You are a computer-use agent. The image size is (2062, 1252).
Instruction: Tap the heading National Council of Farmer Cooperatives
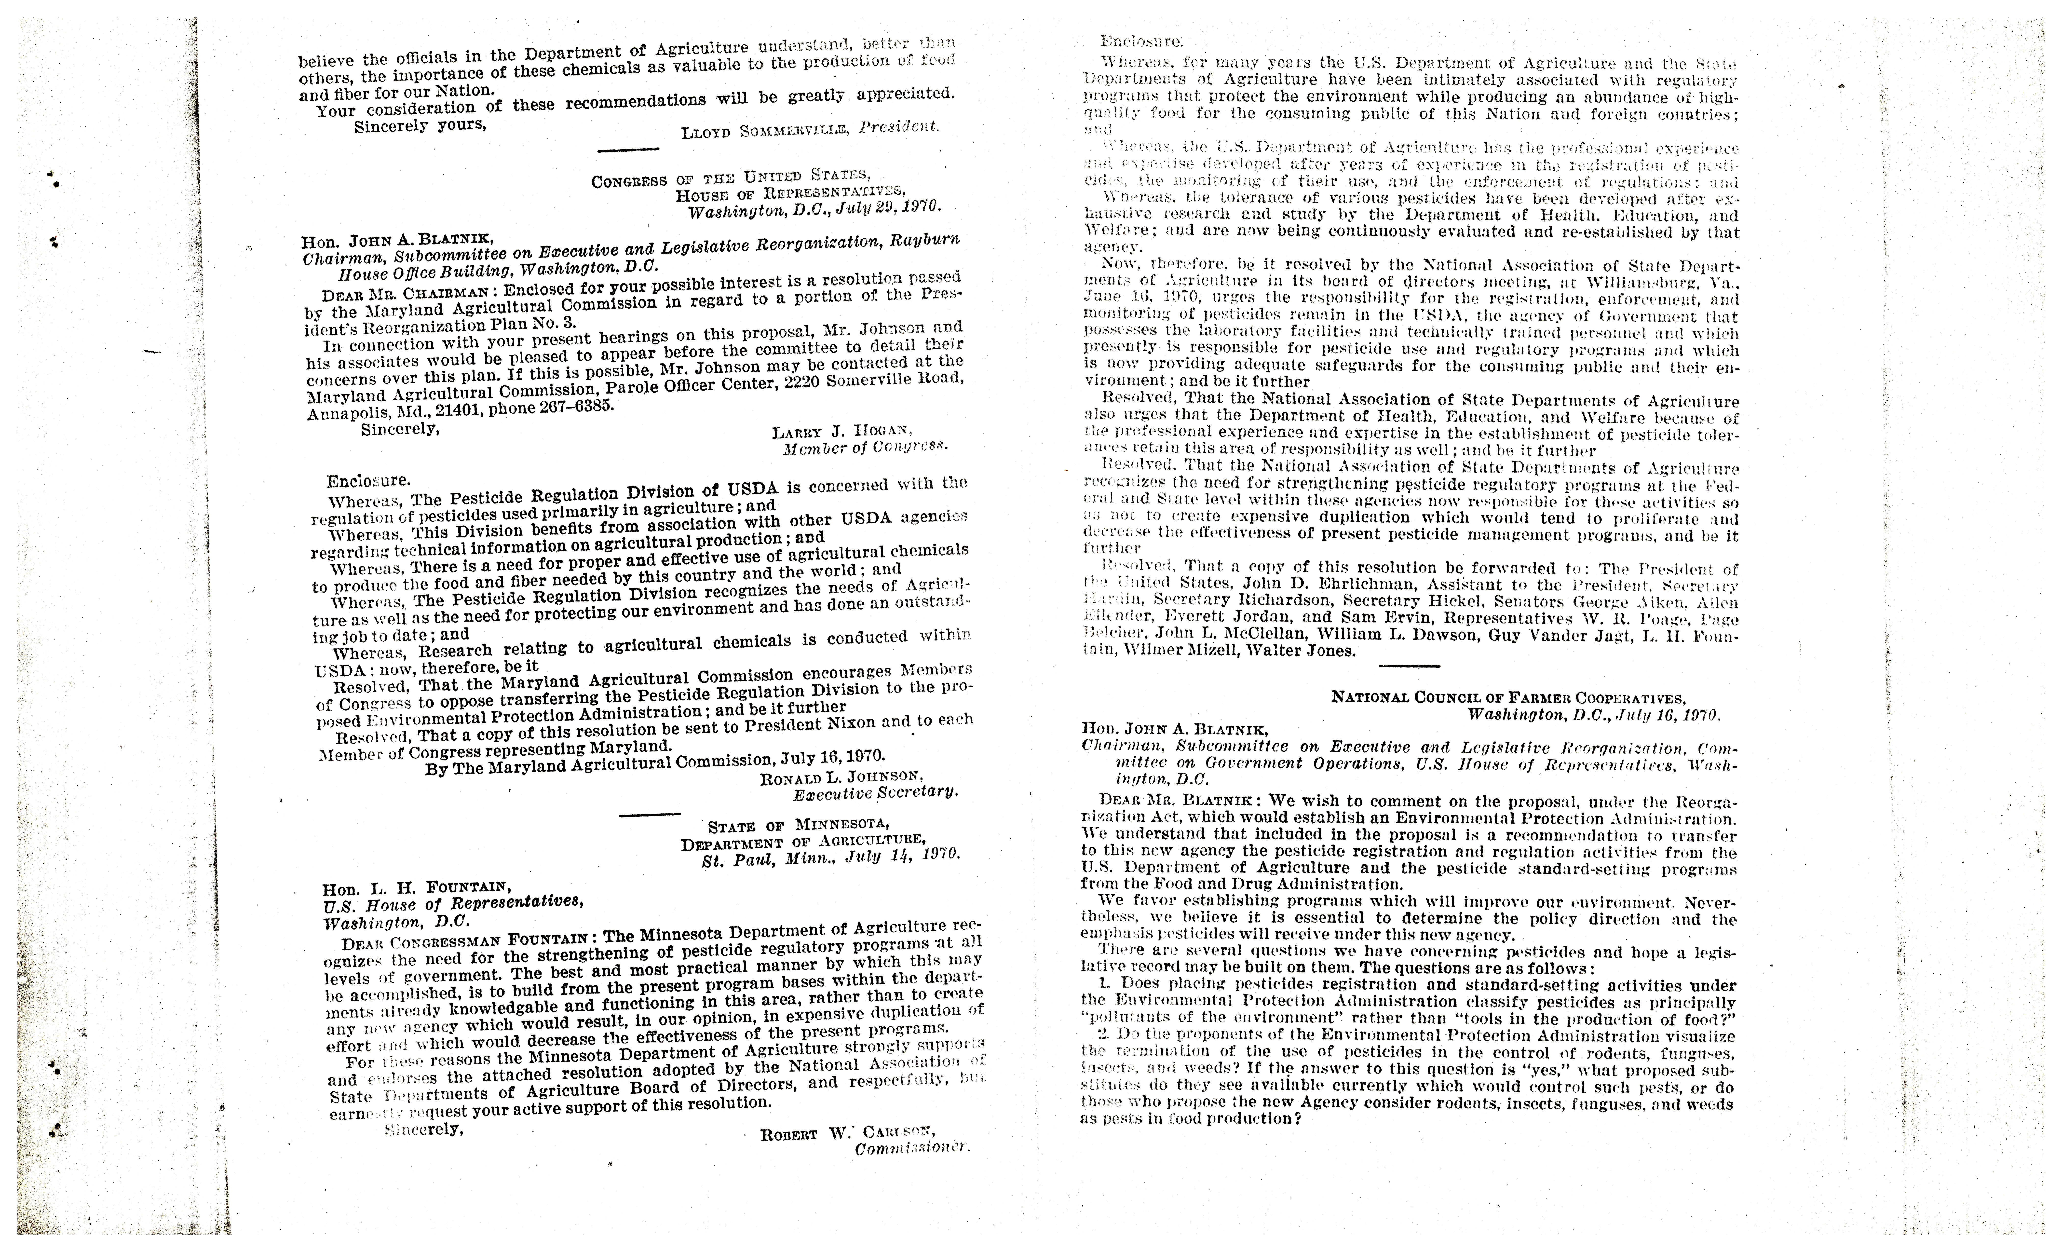point(1508,698)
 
